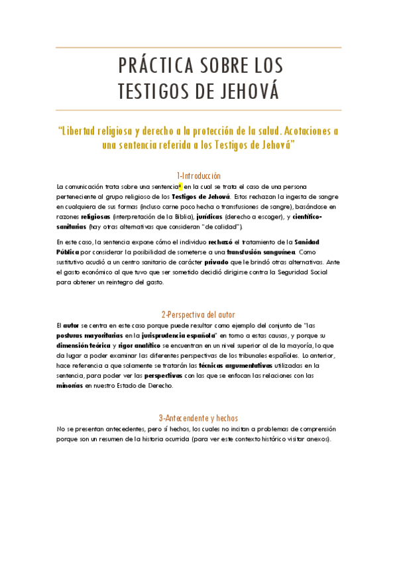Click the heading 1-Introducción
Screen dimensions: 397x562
[x=198, y=176]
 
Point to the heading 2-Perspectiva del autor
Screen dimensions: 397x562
[x=198, y=314]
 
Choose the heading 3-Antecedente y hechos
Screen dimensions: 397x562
[x=198, y=418]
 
